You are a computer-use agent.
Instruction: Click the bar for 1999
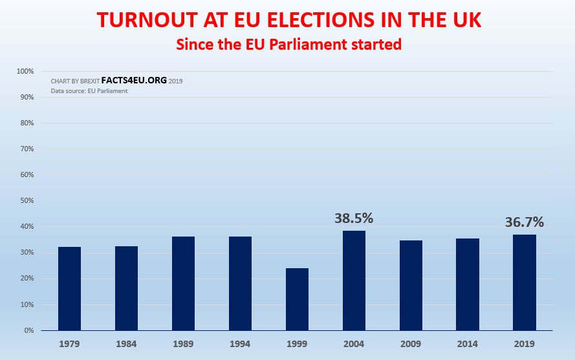pos(297,299)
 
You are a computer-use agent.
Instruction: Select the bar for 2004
pos(354,281)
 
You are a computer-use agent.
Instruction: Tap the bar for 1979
pos(69,288)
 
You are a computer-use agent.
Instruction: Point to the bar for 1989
pos(183,283)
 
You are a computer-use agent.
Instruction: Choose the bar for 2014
pos(468,284)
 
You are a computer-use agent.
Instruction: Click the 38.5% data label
pos(354,218)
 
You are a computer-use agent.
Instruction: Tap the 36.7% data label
pos(524,222)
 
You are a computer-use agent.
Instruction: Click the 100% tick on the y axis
pos(25,71)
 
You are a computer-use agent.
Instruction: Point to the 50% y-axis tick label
pos(26,200)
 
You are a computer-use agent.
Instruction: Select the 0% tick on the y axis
pos(28,330)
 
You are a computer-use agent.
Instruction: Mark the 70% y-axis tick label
pos(26,149)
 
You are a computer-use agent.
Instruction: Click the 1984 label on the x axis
pos(126,343)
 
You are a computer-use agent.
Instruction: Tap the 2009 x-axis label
pos(411,343)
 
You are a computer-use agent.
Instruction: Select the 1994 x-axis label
pos(240,343)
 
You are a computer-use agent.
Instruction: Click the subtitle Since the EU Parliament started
pos(288,45)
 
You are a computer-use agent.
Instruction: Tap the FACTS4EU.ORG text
pos(134,81)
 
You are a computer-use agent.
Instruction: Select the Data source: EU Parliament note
pos(89,91)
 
